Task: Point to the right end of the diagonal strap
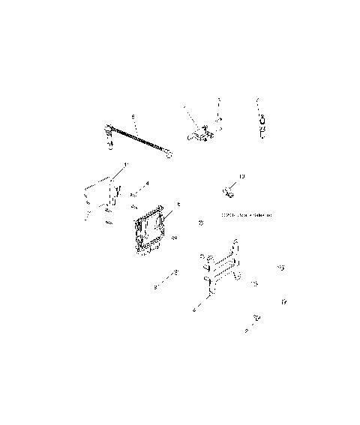[170, 155]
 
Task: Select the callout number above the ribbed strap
[132, 117]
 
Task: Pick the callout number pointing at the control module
[178, 205]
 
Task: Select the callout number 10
[241, 178]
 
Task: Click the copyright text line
[244, 215]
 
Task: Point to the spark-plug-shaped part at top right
[262, 124]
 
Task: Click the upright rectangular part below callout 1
[114, 193]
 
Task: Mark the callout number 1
[126, 164]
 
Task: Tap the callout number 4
[147, 183]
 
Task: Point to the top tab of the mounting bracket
[237, 244]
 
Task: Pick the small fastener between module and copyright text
[200, 223]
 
